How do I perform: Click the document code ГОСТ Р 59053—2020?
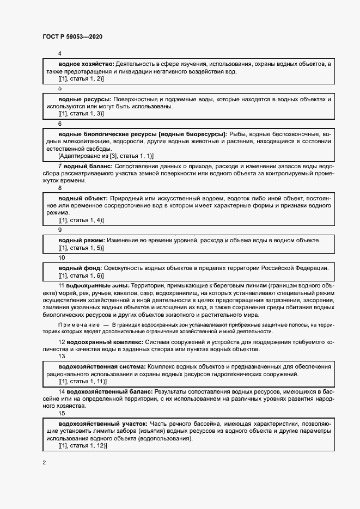[72, 37]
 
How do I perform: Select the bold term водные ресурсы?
[84, 99]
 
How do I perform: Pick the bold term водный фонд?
[80, 268]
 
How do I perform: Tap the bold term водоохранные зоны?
[96, 285]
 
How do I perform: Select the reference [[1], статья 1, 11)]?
[82, 382]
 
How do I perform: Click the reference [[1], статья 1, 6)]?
[81, 275]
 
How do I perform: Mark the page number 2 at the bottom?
[44, 463]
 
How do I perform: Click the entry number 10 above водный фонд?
[61, 257]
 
